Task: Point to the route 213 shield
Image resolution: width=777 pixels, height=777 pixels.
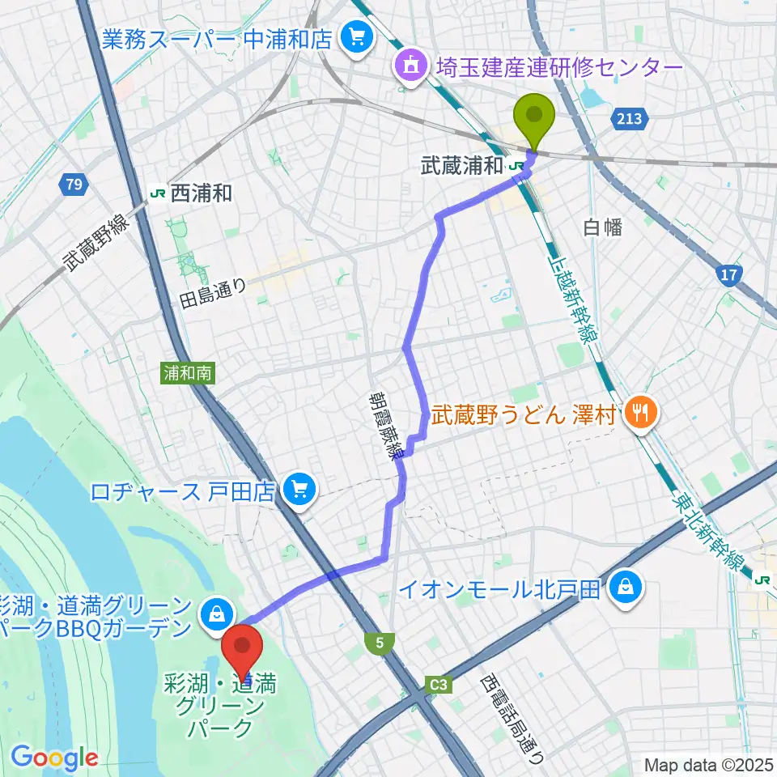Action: click(x=631, y=120)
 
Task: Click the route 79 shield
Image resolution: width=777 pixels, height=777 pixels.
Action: click(x=74, y=185)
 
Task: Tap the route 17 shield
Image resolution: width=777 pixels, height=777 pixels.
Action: click(x=729, y=276)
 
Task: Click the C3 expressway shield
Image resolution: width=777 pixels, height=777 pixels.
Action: click(x=438, y=686)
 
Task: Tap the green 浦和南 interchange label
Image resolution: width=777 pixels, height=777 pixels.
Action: click(x=188, y=373)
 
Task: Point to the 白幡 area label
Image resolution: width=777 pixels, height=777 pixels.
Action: click(x=602, y=227)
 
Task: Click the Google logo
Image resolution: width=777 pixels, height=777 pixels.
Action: click(x=54, y=757)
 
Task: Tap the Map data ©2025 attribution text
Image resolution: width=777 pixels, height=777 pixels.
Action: click(x=708, y=764)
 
